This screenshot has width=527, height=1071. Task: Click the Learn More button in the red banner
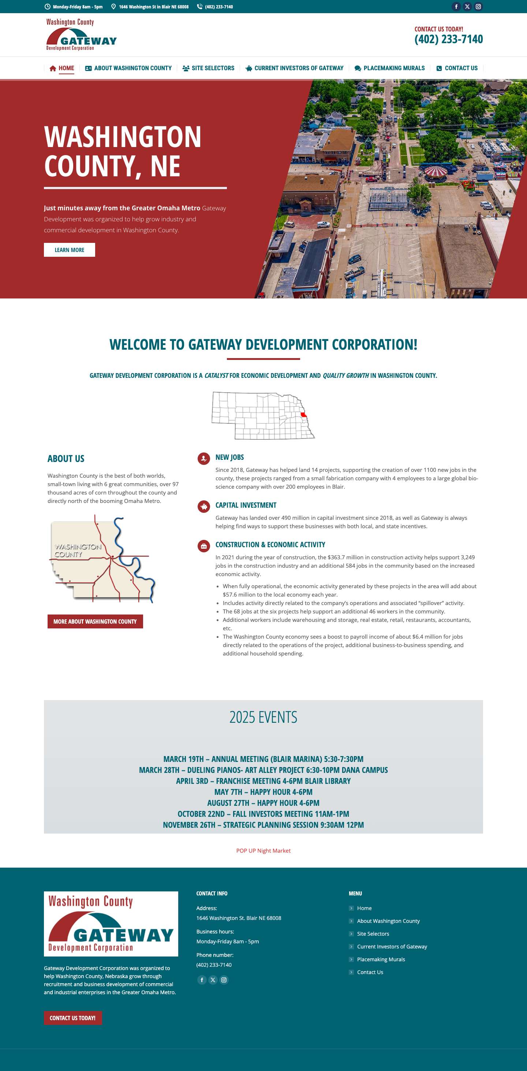[x=70, y=250]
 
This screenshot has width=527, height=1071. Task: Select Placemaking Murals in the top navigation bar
[x=390, y=68]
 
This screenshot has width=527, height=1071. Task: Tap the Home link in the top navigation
[x=62, y=68]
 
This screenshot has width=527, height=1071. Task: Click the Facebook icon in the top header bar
[x=456, y=7]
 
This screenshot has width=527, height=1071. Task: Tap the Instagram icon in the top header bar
[x=478, y=7]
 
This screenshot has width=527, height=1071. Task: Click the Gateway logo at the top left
[x=81, y=35]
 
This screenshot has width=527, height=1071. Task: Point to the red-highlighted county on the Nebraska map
[x=304, y=414]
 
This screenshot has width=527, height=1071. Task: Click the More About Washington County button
[x=95, y=621]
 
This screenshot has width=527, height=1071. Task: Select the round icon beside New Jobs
[x=204, y=459]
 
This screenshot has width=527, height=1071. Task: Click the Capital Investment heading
[x=246, y=505]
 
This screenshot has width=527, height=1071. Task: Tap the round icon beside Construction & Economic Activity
[x=204, y=546]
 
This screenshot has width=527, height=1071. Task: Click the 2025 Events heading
[x=263, y=717]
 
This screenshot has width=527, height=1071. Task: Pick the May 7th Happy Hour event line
[x=263, y=792]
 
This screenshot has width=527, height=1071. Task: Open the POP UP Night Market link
[x=263, y=851]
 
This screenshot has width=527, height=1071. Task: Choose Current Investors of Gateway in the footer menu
[x=392, y=947]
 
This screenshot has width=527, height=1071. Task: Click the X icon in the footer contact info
[x=213, y=980]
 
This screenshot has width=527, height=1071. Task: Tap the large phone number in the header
[x=448, y=40]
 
